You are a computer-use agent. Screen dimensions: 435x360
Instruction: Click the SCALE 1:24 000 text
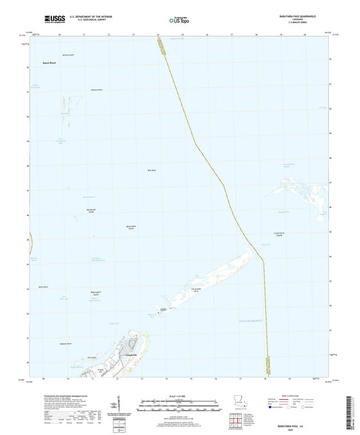coord(179,396)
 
